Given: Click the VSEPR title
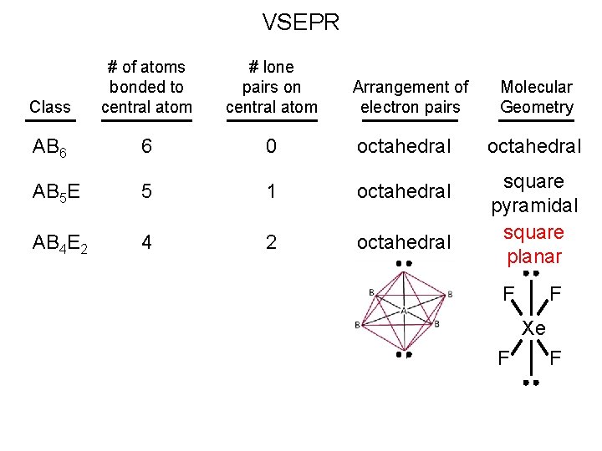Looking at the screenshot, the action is tap(301, 23).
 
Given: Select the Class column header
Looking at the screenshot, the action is tap(50, 107).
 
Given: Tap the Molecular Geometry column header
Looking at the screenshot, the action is tap(536, 97).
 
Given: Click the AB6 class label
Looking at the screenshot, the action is tap(49, 148).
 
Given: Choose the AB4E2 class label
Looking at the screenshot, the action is tap(60, 244).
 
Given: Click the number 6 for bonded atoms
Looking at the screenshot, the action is tap(146, 146).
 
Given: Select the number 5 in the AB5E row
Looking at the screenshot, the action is tap(146, 191).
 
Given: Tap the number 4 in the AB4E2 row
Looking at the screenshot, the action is tap(146, 242).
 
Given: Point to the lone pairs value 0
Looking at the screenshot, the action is tap(271, 146).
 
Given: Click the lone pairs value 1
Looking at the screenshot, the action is tap(271, 191).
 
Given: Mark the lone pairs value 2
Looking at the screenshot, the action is tap(271, 242).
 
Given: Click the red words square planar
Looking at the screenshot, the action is tap(534, 246).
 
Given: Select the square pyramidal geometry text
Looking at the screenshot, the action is tap(534, 194).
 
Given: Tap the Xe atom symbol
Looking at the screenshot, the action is tap(533, 328).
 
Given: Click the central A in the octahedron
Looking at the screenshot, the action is tap(404, 312).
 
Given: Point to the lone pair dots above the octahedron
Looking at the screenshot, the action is tap(404, 263).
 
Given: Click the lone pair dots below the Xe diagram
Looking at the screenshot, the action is tap(532, 383).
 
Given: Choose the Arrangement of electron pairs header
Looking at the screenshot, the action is tap(411, 97).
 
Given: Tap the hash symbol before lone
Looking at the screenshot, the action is tap(253, 68).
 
